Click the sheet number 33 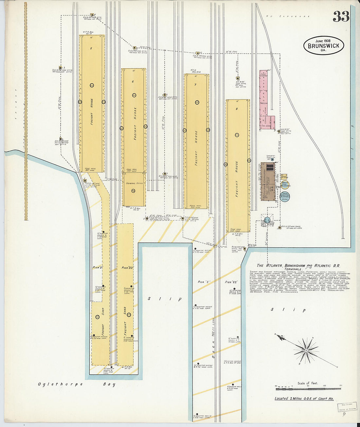(x=341, y=16)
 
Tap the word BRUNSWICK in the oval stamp (x=323, y=46)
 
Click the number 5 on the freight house (x=91, y=49)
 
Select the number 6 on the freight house (x=133, y=81)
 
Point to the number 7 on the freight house (x=195, y=85)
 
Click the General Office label (x=134, y=183)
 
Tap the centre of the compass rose (x=306, y=350)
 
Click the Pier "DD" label (x=127, y=267)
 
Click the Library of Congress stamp (x=347, y=407)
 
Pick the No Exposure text (x=288, y=16)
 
